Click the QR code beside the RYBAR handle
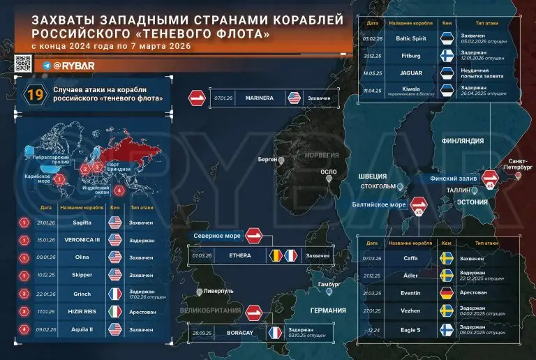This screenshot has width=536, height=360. click(x=22, y=64)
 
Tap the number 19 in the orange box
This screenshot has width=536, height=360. click(x=34, y=96)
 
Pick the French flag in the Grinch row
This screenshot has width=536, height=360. click(x=115, y=294)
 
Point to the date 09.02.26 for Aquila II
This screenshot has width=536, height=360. click(x=46, y=330)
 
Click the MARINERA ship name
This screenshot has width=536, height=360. click(x=260, y=98)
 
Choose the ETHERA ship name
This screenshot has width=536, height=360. click(x=240, y=256)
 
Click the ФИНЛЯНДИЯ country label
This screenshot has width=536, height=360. click(x=463, y=141)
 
